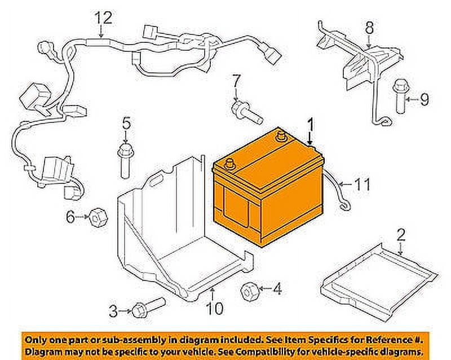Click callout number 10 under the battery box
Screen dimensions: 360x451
point(215,308)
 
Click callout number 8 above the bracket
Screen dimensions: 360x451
point(369,27)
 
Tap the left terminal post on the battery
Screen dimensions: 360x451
point(229,165)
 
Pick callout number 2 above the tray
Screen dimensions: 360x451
point(401,234)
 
